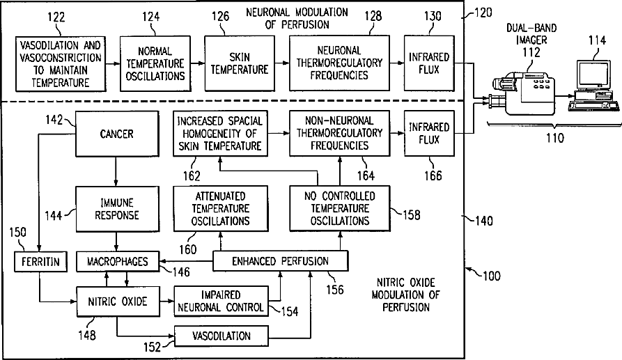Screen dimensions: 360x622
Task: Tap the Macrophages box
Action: (116, 262)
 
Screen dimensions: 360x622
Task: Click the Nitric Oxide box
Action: (116, 302)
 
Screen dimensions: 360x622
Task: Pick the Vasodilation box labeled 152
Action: (221, 336)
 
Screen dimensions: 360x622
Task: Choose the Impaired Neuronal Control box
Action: (221, 300)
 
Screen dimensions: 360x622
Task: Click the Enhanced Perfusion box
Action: (279, 261)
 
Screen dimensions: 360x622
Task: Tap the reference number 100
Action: (490, 276)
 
